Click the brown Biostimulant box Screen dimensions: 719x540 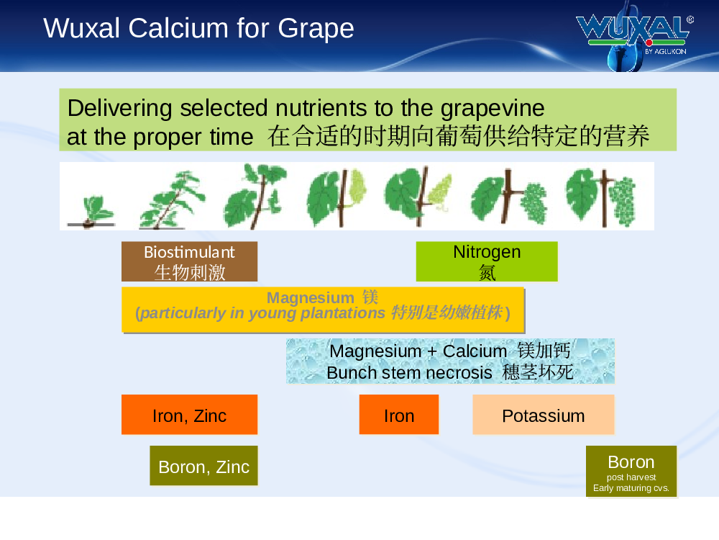tap(189, 261)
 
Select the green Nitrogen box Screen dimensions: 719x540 tap(487, 261)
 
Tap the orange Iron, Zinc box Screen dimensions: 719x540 tap(189, 415)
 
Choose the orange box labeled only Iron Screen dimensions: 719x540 tap(399, 415)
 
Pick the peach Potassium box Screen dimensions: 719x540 tap(544, 415)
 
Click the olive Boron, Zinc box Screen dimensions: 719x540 tap(203, 466)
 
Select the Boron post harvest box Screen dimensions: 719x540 tap(631, 472)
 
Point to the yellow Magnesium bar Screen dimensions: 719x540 tap(323, 310)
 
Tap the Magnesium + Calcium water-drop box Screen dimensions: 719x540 tap(450, 361)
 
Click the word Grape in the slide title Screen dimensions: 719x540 tap(316, 30)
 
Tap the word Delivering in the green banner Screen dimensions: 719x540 tap(119, 109)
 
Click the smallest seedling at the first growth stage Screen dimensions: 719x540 tap(92, 211)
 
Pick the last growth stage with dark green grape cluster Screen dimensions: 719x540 tap(600, 197)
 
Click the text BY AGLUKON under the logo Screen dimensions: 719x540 tap(665, 51)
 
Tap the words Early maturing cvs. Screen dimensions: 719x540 tap(631, 487)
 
